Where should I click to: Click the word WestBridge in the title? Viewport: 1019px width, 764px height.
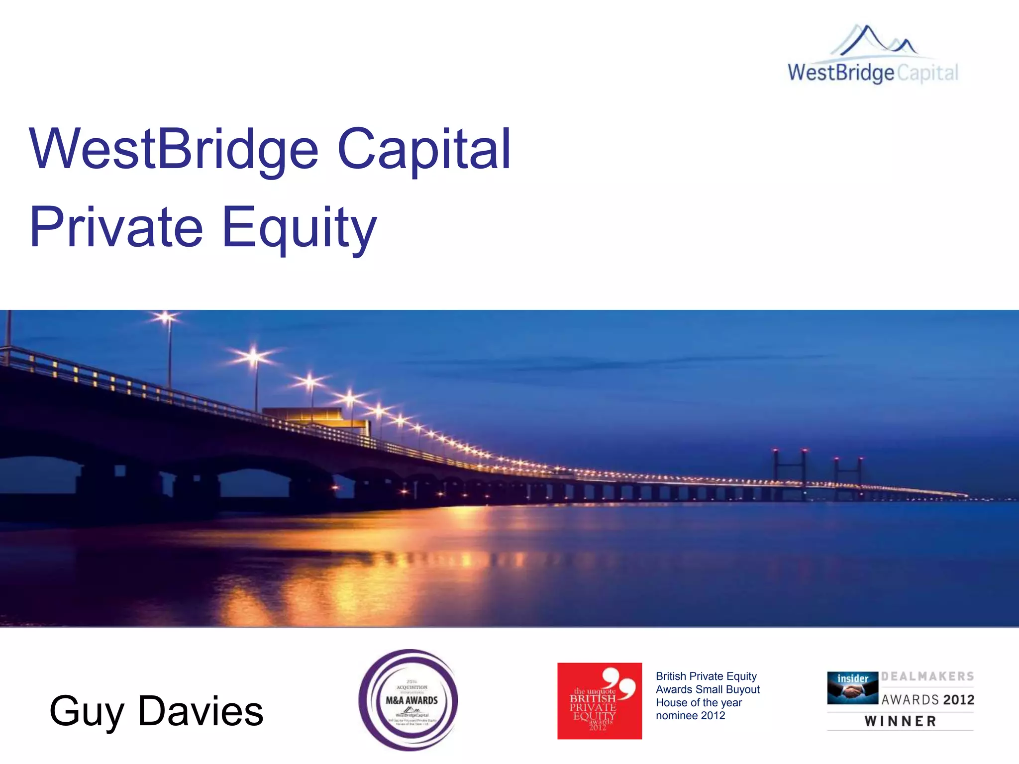174,149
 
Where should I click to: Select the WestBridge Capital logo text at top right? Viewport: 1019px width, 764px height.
873,73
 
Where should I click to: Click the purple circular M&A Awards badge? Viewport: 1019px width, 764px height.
408,699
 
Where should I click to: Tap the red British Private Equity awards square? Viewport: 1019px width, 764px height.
600,700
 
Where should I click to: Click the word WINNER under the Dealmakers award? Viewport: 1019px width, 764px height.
901,721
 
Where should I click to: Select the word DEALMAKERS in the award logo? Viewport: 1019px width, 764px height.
928,676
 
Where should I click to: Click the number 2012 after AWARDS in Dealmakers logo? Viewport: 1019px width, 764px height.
959,700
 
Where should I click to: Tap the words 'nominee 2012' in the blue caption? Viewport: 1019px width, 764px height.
691,716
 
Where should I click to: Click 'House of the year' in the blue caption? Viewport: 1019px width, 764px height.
699,703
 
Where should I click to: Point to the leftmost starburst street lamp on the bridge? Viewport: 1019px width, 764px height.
166,317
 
